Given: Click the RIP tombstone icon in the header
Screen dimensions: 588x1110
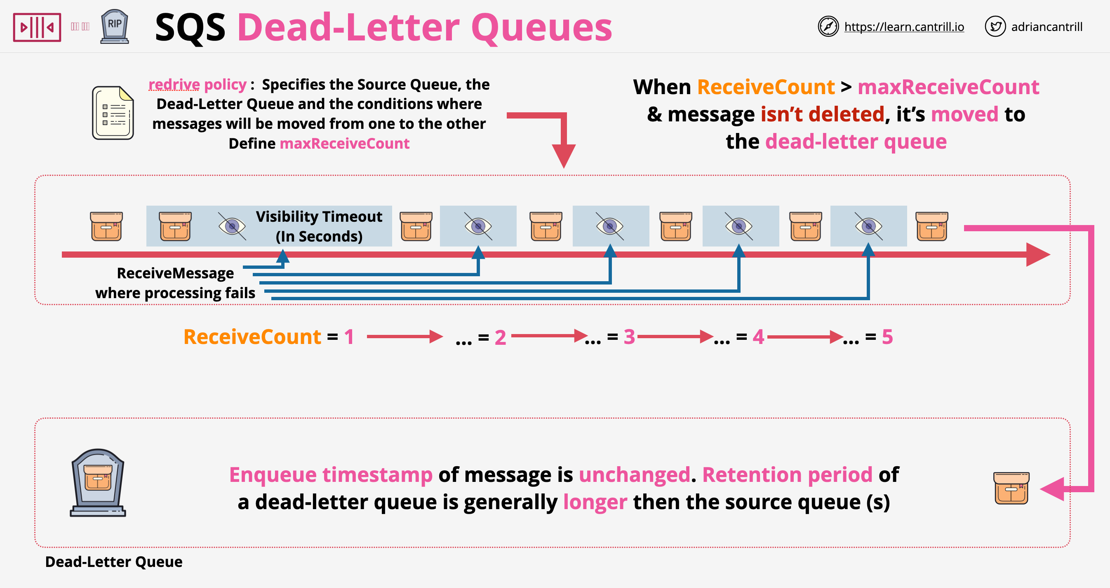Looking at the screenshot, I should pos(115,27).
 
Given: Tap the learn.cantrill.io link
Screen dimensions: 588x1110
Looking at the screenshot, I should pos(903,27).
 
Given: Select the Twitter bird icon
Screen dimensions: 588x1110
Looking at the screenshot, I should pos(995,27).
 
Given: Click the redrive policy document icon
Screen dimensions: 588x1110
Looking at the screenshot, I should pos(113,113).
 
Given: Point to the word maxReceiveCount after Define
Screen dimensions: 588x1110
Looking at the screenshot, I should pos(344,144).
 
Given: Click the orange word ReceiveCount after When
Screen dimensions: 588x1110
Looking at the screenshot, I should pos(766,87).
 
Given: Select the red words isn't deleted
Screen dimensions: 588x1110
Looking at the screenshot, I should pos(822,114).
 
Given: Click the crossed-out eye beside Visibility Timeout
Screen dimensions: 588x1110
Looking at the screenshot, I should pos(232,226).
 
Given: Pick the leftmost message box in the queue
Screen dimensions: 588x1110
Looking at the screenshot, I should pos(106,226).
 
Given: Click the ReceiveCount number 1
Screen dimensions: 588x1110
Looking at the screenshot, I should pos(349,337).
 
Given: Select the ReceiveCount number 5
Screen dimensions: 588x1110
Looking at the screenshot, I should pos(887,337).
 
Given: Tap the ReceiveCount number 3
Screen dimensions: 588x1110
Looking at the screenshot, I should pos(629,337).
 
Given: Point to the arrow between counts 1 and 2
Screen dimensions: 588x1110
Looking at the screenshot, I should pos(404,337).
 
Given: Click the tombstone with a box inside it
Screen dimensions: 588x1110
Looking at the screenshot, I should pos(98,482).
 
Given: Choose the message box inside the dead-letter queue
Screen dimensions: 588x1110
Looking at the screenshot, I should pos(1011,488).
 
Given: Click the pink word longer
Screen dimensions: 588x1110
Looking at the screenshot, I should pos(595,502).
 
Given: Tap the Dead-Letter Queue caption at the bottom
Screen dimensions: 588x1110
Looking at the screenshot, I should pos(114,562).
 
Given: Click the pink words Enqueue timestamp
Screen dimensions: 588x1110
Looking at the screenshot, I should pos(331,475).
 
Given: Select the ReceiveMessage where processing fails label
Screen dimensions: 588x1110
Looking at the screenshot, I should pos(175,283).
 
